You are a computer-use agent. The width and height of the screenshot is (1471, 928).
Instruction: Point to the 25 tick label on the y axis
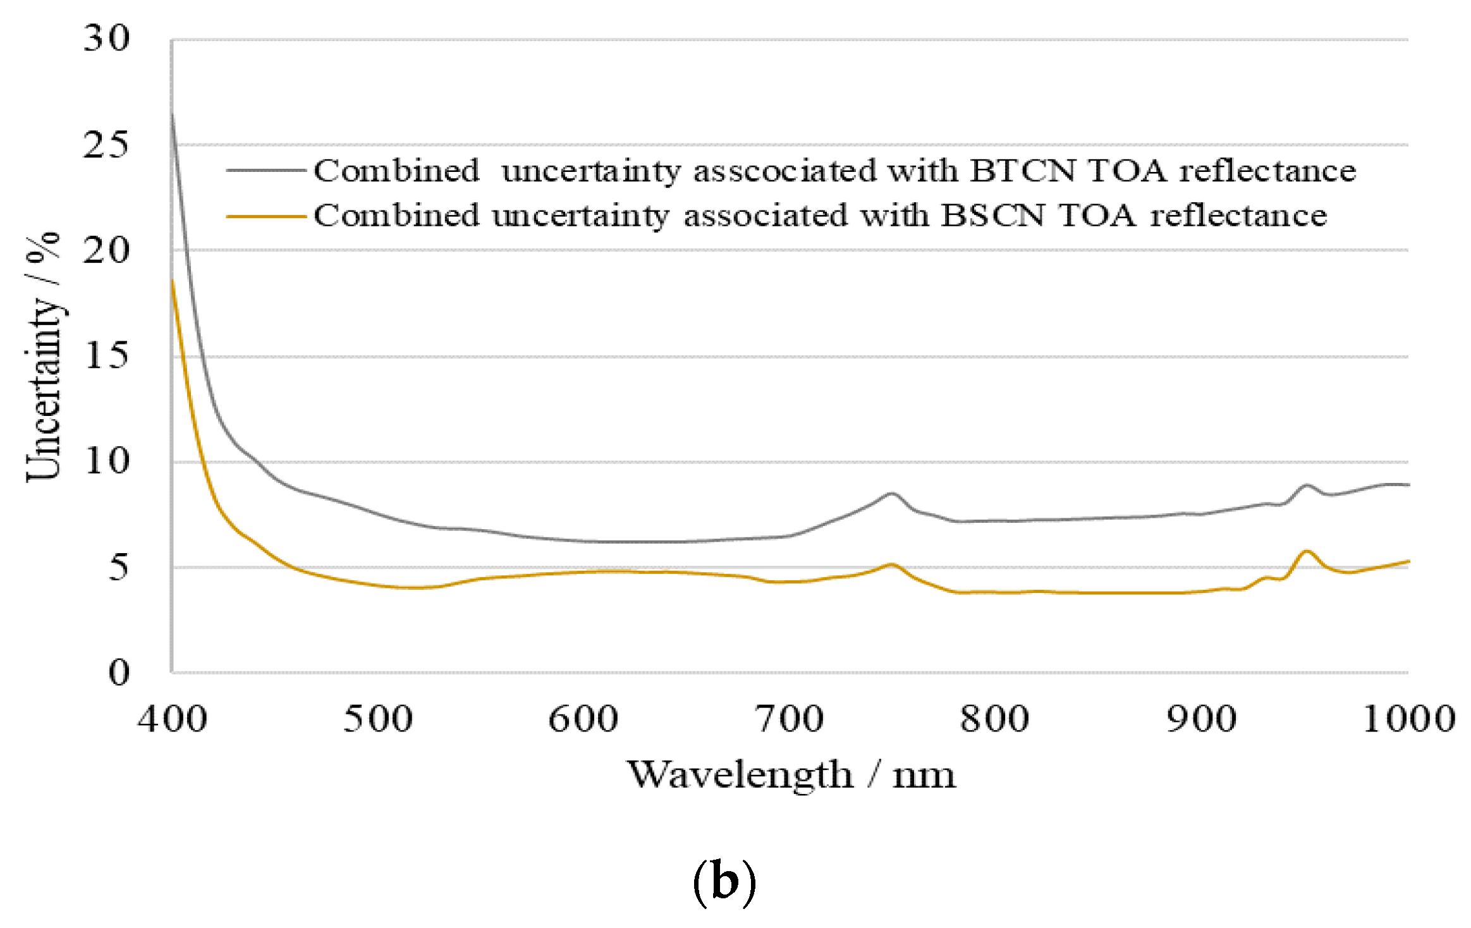[x=106, y=145]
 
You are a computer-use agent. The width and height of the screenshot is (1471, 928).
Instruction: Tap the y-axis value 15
[x=106, y=356]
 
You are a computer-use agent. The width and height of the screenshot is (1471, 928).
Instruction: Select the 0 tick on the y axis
[x=119, y=672]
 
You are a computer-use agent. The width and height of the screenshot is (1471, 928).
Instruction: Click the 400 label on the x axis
[x=173, y=720]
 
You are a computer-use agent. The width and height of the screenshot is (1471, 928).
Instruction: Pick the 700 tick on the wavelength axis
[x=790, y=720]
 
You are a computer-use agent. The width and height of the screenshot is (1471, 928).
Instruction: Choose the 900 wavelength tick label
[x=1202, y=720]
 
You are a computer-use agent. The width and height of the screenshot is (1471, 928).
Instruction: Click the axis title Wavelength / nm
[x=791, y=774]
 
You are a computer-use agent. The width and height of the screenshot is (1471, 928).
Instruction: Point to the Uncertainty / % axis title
[x=43, y=357]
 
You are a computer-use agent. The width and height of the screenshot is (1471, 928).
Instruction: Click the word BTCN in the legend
[x=1022, y=171]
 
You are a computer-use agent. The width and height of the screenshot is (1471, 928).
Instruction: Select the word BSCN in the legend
[x=992, y=216]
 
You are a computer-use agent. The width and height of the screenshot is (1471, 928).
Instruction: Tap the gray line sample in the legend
[x=266, y=170]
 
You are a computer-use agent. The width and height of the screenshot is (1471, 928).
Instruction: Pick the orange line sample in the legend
[x=266, y=216]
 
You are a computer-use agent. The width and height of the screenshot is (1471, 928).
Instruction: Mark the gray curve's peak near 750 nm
[x=892, y=494]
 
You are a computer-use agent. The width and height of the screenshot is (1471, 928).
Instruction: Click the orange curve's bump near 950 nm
[x=1307, y=551]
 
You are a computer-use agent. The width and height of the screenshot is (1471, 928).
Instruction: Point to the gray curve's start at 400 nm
[x=173, y=114]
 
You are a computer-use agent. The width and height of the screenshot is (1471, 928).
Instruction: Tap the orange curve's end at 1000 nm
[x=1408, y=561]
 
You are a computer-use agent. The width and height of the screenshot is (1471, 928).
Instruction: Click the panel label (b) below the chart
[x=724, y=882]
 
